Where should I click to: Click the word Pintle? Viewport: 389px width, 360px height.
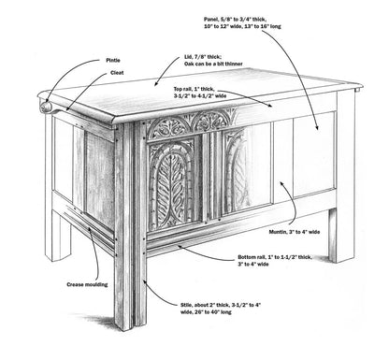pos(113,61)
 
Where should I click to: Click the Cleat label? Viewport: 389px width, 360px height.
pos(117,73)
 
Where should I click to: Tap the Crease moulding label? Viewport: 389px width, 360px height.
pos(87,284)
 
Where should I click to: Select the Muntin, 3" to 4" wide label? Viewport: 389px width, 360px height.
pos(295,232)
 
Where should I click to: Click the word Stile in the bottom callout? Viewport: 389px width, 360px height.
pos(186,305)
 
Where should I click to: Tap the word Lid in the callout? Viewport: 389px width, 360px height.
pos(188,58)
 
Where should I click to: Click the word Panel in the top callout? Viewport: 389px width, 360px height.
pos(211,20)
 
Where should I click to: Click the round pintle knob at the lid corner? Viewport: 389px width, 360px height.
pos(46,107)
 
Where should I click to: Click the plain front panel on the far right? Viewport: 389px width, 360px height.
pos(314,154)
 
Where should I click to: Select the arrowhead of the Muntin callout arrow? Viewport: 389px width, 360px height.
pos(281,183)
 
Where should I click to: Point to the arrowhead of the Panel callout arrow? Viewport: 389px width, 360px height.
pos(317,127)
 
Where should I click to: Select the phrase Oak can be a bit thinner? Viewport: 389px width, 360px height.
pos(213,64)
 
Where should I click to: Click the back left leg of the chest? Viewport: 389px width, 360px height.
pos(58,236)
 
